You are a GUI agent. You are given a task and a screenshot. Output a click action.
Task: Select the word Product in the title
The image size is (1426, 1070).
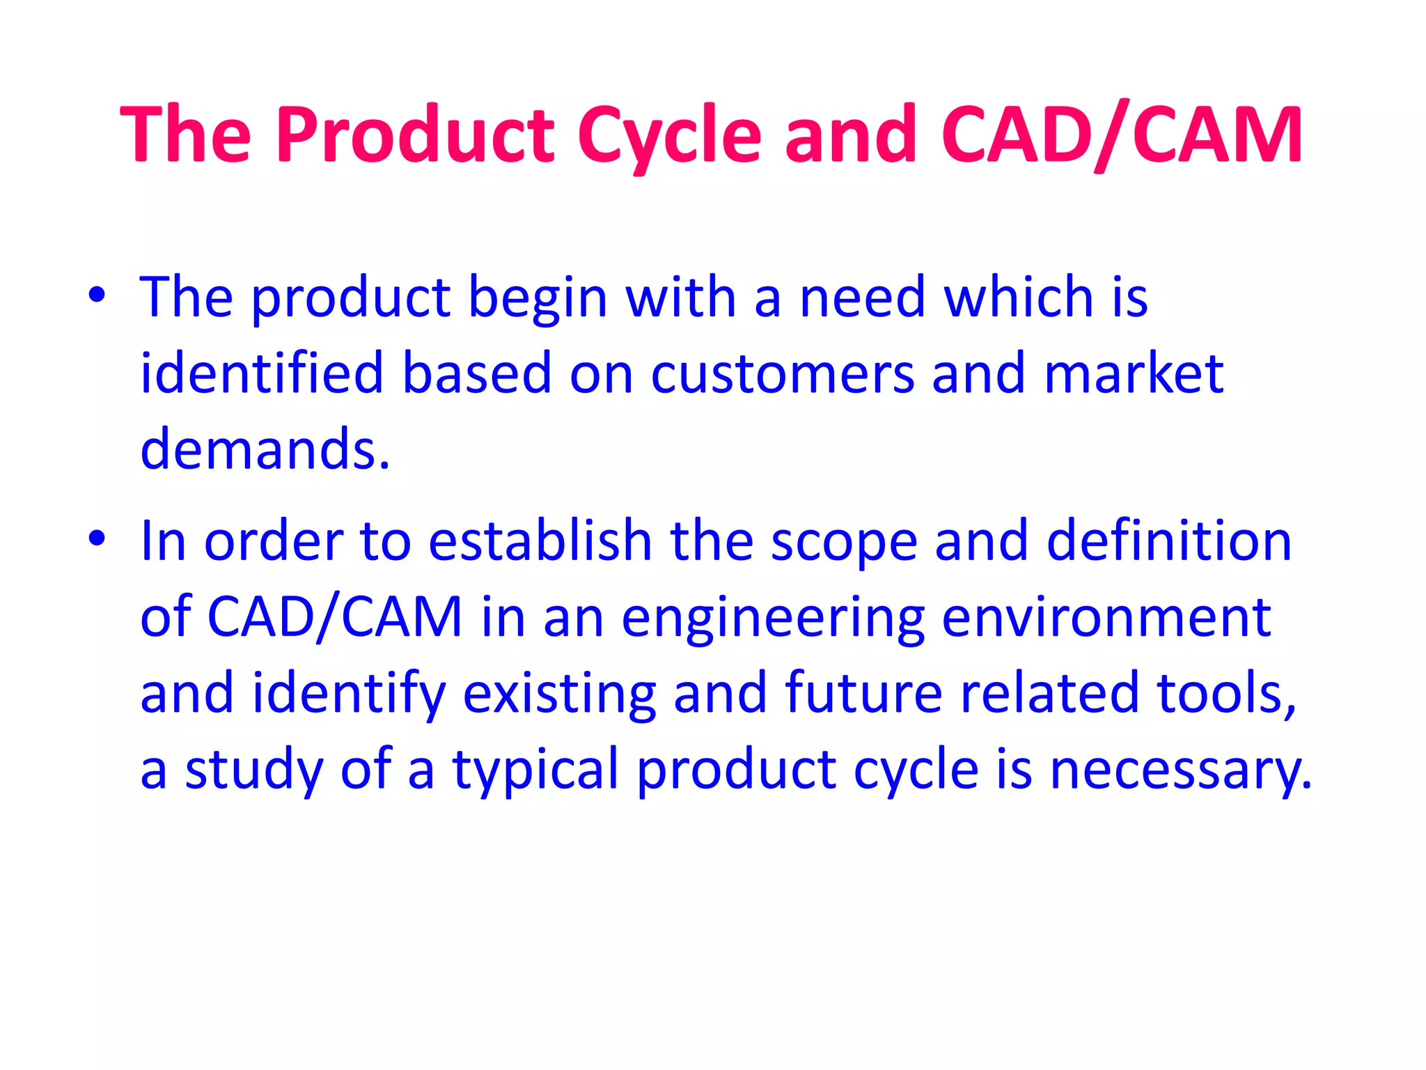point(415,135)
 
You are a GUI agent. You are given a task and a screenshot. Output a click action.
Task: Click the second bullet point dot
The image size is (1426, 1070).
point(97,538)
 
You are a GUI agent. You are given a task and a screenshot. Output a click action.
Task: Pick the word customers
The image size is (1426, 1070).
point(782,375)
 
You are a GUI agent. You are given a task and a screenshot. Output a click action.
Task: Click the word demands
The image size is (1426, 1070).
point(265,450)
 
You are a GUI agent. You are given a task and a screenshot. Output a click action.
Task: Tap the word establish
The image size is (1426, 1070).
point(540,541)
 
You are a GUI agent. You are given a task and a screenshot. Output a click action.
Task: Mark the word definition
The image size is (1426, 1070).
point(1169,541)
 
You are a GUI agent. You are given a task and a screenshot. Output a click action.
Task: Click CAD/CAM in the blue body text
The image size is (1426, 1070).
point(335,617)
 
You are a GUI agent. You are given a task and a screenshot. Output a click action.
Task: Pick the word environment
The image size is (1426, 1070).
point(1106,619)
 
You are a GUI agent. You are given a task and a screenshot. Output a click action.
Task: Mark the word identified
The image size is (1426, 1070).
point(262,375)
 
